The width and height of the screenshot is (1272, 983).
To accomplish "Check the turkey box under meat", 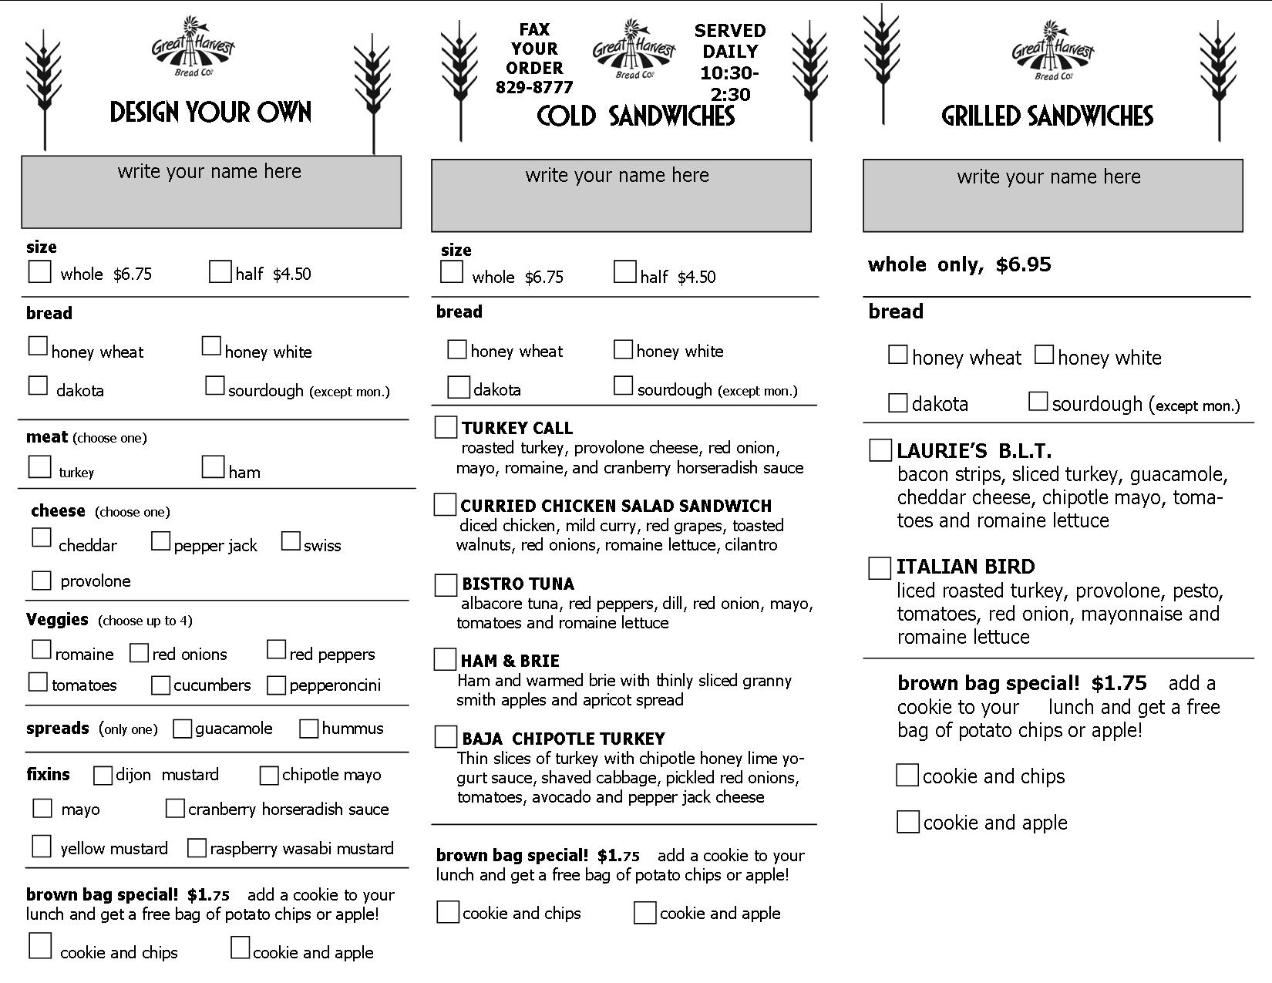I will pos(39,466).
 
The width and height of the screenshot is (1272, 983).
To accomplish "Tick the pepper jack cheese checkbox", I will pos(160,541).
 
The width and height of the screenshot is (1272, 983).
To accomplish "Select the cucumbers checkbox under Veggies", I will pos(160,685).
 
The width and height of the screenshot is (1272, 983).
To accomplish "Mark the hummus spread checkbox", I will pos(308,728).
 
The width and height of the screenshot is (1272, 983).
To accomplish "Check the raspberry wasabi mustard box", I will pos(197,848).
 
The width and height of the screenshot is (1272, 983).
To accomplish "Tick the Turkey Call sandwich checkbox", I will pos(446,427).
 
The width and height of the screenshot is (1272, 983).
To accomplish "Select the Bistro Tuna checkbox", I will pos(446,584).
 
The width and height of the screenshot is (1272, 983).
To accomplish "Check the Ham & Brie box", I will pos(445,660).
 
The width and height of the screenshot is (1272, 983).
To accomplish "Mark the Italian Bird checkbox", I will pos(880,568).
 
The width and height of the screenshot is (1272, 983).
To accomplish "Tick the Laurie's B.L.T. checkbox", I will pos(880,451).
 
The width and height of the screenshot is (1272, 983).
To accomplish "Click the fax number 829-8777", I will pos(534,87).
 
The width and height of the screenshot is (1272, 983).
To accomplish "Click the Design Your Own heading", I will pos(210,113).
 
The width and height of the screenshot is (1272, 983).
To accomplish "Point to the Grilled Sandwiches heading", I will pos(1047,116).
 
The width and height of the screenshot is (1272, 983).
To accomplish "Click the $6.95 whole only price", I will pos(1023,264).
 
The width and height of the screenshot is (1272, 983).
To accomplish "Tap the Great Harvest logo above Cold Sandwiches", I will pos(634,49).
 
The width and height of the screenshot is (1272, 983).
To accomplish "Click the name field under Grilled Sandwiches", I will pos(1052,196).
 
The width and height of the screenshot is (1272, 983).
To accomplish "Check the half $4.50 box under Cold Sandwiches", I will pos(624,272).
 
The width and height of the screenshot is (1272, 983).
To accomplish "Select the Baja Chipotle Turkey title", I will pos(563,739).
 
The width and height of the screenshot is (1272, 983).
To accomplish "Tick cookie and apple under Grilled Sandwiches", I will pos(908,822).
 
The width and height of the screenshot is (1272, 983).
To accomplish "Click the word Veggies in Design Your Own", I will pos(57,620).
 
